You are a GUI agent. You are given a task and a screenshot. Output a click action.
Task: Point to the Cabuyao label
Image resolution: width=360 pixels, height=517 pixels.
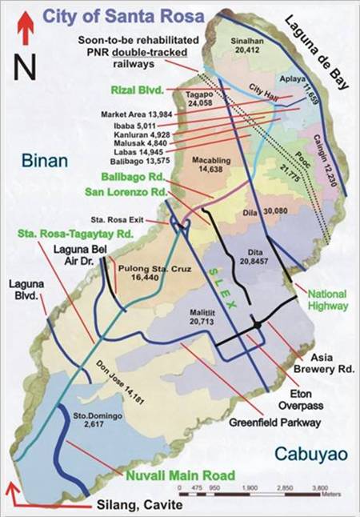pos(310,453)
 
